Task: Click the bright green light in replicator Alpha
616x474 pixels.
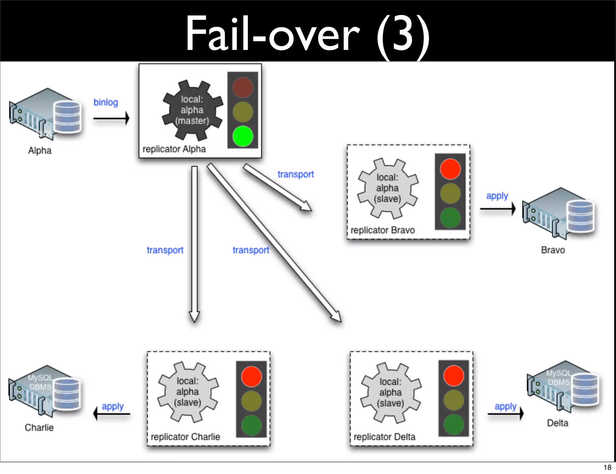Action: [x=242, y=136]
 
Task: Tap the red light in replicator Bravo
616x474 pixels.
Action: [x=450, y=169]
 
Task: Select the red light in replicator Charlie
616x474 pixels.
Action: [x=251, y=376]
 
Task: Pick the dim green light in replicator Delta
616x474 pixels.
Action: [x=454, y=424]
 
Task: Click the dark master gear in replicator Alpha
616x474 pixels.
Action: [x=192, y=110]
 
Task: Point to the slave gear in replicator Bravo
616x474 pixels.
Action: [x=388, y=188]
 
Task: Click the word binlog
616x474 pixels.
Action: [x=106, y=102]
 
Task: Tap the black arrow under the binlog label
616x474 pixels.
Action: [x=111, y=118]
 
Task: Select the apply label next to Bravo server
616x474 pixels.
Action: [x=497, y=196]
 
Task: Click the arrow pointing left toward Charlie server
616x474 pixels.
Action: [x=112, y=414]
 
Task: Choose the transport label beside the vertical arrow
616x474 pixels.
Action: [x=165, y=250]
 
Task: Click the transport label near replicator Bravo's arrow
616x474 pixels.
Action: [x=295, y=174]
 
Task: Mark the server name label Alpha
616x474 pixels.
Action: [x=40, y=150]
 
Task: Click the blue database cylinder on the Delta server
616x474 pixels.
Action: [x=585, y=390]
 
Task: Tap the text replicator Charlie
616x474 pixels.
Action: [x=185, y=437]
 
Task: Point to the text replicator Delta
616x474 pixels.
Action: [x=384, y=437]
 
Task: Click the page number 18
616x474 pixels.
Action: [x=607, y=467]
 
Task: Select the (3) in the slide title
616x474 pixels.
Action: [x=403, y=35]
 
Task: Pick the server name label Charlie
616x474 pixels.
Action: [x=39, y=427]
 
